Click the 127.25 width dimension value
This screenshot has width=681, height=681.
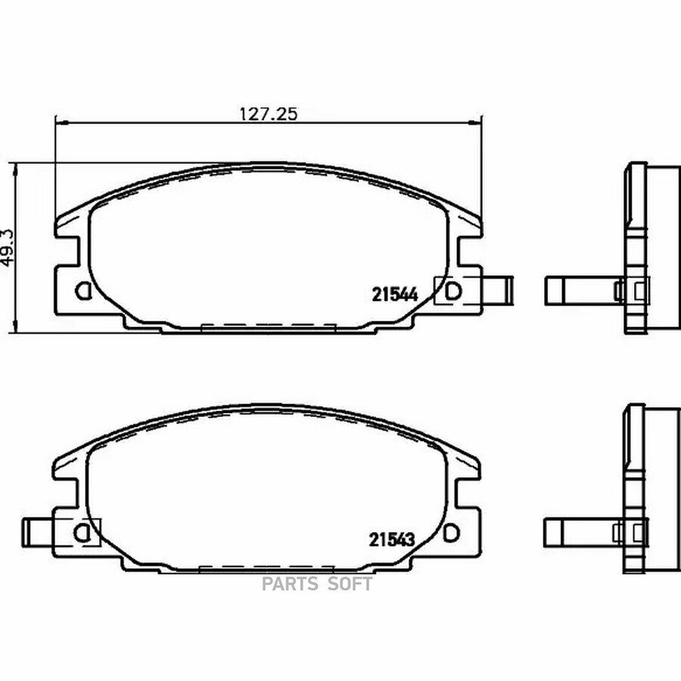(x=269, y=113)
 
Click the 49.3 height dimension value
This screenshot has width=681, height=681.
(x=8, y=248)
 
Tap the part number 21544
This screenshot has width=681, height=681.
(x=395, y=295)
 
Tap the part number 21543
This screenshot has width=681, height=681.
(x=392, y=540)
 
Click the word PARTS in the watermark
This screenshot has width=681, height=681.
(x=290, y=584)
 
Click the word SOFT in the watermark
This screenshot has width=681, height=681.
(x=350, y=584)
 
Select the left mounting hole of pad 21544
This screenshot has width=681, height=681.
(x=82, y=291)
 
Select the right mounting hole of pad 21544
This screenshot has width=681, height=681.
(x=453, y=291)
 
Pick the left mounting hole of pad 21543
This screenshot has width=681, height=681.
(x=81, y=533)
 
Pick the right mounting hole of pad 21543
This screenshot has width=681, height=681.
(x=451, y=533)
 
